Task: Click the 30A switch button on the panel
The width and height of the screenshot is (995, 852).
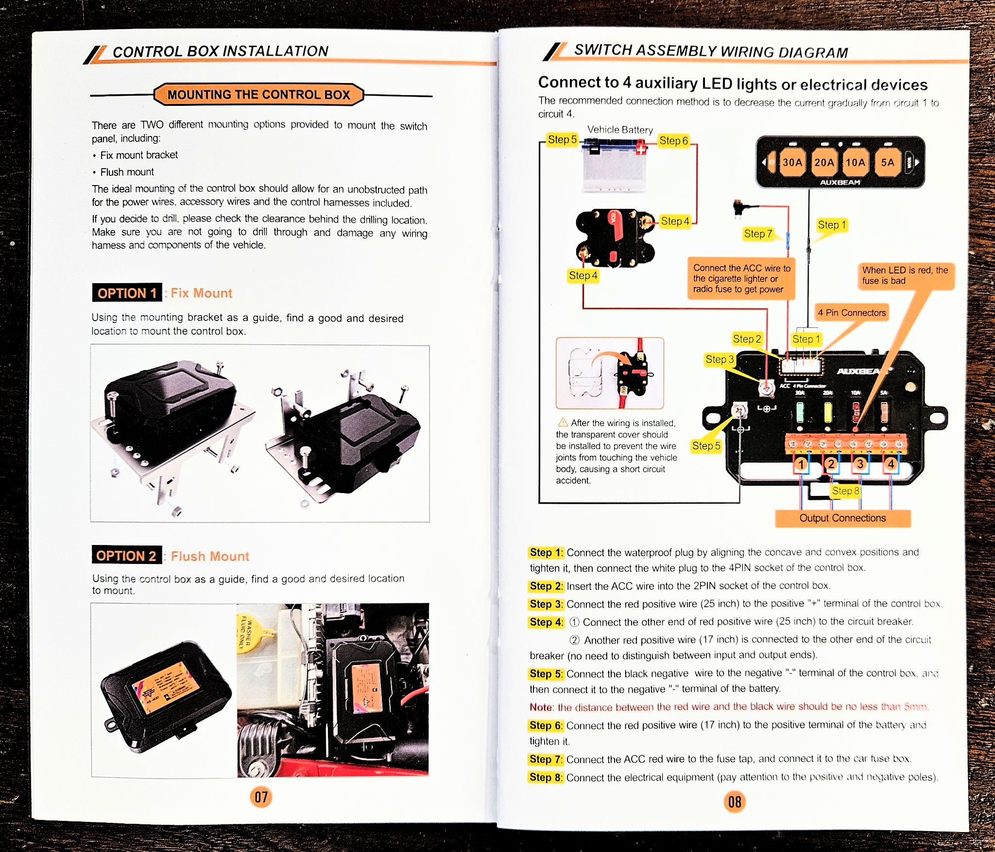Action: coord(792,163)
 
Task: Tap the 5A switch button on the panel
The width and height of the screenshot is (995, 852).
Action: coord(887,163)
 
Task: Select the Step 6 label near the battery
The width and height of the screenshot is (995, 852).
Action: coord(673,141)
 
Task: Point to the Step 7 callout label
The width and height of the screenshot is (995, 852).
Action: coord(758,234)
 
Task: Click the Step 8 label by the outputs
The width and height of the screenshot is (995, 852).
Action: coord(845,491)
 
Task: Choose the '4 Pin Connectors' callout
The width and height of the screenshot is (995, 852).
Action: coord(852,313)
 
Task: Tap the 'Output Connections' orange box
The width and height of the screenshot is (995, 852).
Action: coord(842,518)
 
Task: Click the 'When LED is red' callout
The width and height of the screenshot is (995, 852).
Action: coord(905,275)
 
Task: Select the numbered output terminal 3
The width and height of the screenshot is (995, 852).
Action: coord(860,464)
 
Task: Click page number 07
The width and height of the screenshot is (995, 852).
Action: coord(261,797)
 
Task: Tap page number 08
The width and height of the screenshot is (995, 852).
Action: coord(735,801)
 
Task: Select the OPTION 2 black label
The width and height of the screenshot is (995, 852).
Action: coord(126,555)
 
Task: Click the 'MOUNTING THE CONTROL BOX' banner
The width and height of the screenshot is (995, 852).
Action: coord(258,95)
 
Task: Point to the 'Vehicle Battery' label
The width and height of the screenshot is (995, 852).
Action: coord(620,130)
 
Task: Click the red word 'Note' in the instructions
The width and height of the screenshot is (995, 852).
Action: coord(541,707)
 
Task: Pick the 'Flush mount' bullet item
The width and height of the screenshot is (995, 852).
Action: coord(127,172)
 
